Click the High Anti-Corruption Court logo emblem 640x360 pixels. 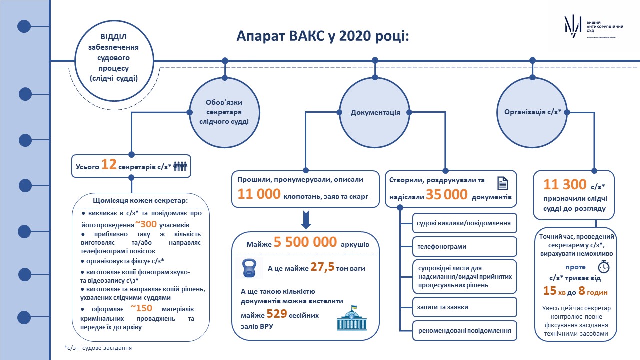573,27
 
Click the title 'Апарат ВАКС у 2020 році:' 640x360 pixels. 323,36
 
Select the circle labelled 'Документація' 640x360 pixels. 375,113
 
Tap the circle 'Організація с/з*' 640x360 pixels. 532,113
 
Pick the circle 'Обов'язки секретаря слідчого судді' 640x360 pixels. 224,113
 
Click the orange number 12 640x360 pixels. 109,165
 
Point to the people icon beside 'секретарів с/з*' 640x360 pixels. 180,166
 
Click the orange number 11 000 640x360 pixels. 259,194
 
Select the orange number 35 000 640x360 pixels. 447,195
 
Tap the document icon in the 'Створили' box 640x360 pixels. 503,183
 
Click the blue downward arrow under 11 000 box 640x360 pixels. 306,220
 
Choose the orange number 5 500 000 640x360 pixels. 305,242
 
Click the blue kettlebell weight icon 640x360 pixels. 249,268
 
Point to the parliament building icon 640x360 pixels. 351,318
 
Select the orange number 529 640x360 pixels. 277,314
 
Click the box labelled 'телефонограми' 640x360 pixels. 465,246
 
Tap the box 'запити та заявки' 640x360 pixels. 465,307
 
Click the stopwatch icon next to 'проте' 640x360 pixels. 604,267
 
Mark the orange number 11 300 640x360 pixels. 565,184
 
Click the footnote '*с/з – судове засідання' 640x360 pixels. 98,348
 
